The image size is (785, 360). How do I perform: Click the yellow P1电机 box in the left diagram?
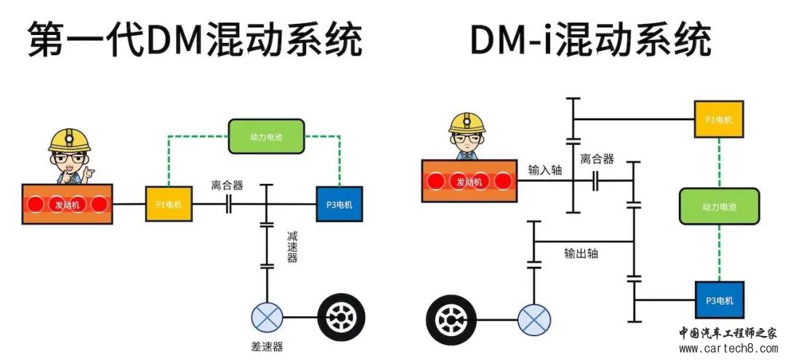169,204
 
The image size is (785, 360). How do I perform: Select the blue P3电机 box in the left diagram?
339,204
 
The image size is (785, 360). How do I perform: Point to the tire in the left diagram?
342,318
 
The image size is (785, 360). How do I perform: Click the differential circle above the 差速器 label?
267,318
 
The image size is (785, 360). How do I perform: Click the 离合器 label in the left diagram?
228,185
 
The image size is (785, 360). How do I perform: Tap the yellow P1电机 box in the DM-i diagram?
719,119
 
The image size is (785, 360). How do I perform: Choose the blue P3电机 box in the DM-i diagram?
719,300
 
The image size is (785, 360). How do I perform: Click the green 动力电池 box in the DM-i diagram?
719,207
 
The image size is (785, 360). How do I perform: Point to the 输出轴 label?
581,253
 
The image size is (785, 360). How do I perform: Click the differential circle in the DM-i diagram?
534,319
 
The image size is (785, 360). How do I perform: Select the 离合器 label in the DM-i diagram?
597,159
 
